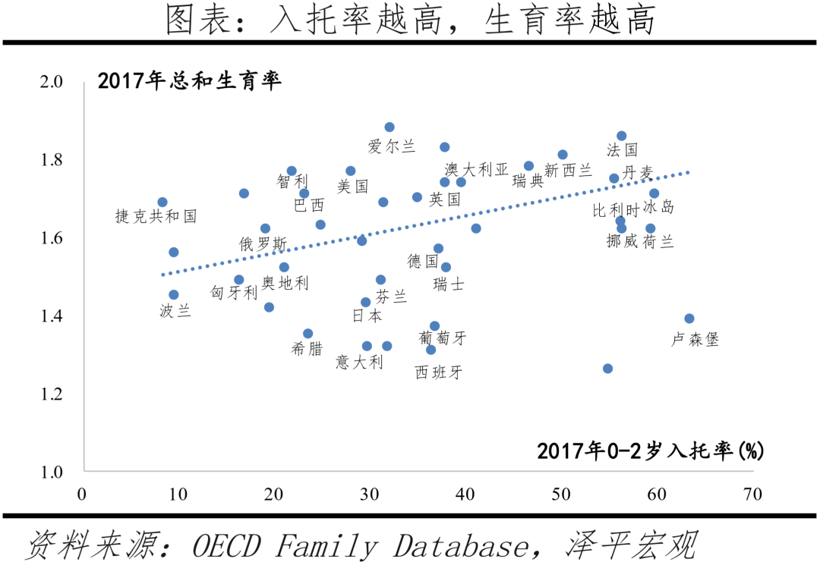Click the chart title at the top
coord(410,21)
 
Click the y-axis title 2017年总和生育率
coord(189,81)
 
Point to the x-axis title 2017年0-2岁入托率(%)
coord(650,451)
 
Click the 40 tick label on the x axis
coord(465,494)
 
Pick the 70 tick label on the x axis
coord(752,494)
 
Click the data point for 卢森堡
coord(689,319)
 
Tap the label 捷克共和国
coord(156,216)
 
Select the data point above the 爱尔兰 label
coord(389,127)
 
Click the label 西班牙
coord(439,372)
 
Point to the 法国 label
coord(623,150)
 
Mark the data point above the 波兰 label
coord(174,295)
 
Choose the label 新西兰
coord(568,171)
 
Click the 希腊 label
coord(307,349)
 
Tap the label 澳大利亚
coord(477,169)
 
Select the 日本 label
coord(367,316)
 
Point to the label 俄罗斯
coord(263,244)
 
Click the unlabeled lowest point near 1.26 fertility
coord(607,369)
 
